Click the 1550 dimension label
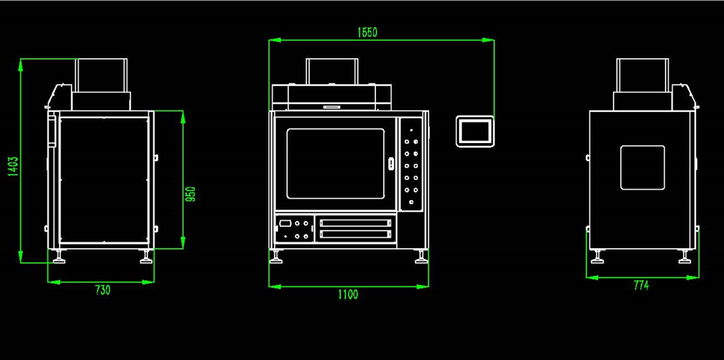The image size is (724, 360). (x=367, y=33)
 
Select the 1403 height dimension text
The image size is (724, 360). (x=13, y=166)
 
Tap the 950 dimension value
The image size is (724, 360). (x=190, y=194)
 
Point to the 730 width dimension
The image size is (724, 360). (x=103, y=290)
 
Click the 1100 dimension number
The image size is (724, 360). (x=348, y=295)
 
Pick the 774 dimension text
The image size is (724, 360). (x=641, y=285)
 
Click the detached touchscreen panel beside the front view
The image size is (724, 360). (x=475, y=131)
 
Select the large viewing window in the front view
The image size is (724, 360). (x=335, y=164)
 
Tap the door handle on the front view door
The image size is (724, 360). (x=391, y=163)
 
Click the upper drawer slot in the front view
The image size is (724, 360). (x=355, y=223)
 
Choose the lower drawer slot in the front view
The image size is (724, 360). (x=355, y=234)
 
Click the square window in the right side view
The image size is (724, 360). (x=642, y=167)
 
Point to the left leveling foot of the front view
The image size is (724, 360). (x=276, y=257)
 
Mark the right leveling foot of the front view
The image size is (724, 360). (x=421, y=257)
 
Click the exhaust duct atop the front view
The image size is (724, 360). (x=332, y=71)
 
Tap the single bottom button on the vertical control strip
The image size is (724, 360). (x=411, y=202)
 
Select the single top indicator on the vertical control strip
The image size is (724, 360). (x=411, y=130)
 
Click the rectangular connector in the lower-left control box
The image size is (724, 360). (x=285, y=223)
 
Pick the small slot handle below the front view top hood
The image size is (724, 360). (x=332, y=107)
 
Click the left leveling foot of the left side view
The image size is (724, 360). (x=59, y=257)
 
